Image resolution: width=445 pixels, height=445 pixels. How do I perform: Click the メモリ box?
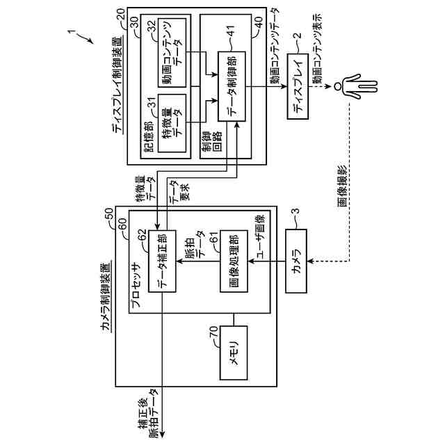point(234,353)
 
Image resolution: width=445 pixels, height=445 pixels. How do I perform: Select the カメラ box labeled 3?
point(296,261)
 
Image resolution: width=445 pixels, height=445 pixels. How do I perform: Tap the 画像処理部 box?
point(234,261)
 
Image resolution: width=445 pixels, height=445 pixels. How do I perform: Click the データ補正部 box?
point(162,261)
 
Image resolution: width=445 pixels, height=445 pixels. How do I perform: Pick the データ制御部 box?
point(232,86)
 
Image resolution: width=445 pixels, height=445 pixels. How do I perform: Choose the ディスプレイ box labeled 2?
point(298,86)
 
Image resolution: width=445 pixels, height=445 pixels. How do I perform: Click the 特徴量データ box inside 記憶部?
point(172,123)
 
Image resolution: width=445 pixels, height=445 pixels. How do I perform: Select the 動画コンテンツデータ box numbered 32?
point(172,53)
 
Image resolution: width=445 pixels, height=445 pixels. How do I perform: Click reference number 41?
point(231,31)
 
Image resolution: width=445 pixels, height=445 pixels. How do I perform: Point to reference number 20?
point(120,14)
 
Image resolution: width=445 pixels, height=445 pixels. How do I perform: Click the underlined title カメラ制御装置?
point(106,296)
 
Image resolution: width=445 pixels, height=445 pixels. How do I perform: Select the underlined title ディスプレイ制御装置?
point(118,84)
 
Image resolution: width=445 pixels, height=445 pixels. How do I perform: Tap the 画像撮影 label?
point(343,186)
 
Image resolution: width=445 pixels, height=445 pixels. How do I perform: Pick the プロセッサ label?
point(137,284)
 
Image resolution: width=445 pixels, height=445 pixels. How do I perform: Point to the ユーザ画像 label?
point(259,236)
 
